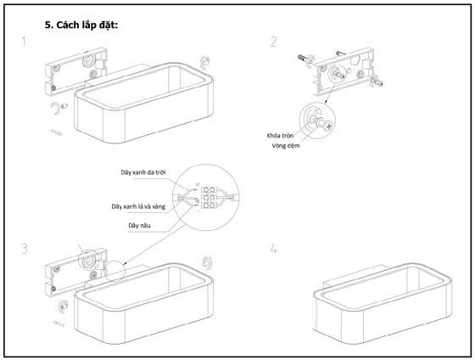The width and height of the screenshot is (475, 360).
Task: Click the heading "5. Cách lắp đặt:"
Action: pos(81,25)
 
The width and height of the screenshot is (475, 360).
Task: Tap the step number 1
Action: pos(25,42)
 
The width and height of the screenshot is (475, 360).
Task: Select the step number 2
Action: pos(274,42)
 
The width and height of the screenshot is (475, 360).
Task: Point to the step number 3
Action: pos(25,249)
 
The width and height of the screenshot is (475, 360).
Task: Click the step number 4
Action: pos(273,249)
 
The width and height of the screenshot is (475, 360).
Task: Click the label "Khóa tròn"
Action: pos(280,136)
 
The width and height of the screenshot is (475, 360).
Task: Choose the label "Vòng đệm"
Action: pos(286,146)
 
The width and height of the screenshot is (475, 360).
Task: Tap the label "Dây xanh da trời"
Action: pos(143,172)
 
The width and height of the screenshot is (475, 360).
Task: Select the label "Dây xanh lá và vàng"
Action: pos(138,207)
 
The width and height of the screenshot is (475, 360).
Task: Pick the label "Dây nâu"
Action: pos(139,225)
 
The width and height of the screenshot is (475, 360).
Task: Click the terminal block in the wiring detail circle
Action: pos(209,198)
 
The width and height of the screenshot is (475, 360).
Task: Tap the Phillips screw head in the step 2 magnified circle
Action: pos(328,125)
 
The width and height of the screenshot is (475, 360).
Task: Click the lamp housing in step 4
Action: pos(383,302)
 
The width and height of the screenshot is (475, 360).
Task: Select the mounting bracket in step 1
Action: pos(75,71)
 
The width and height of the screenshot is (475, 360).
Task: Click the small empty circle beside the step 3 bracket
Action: pos(115,271)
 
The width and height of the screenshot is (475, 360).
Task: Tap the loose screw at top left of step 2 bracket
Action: pos(303,58)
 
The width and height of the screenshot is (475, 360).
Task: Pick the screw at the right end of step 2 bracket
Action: pos(377,82)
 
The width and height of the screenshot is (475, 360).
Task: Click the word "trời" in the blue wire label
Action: pos(160,172)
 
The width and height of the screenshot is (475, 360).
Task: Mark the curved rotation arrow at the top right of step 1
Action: pos(204,62)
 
